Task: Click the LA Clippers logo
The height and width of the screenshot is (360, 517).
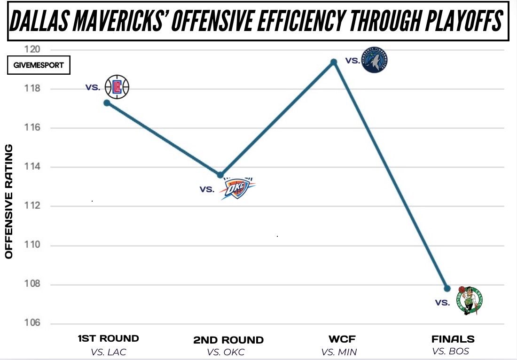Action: click(116, 86)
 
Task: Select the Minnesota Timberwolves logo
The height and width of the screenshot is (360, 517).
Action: click(375, 60)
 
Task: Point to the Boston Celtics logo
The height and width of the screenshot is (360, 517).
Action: click(470, 299)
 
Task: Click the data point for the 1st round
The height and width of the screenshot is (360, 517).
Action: click(107, 102)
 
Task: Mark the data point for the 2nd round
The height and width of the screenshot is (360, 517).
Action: click(220, 175)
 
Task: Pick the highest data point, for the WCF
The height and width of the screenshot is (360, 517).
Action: click(334, 62)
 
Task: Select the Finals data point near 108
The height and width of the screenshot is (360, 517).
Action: click(447, 288)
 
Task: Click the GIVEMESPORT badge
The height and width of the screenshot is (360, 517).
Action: click(39, 65)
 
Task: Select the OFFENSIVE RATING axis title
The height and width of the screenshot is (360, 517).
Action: click(9, 201)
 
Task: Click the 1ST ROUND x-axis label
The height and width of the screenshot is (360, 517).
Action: click(108, 338)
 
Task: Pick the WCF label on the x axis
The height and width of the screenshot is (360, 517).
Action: click(339, 339)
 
